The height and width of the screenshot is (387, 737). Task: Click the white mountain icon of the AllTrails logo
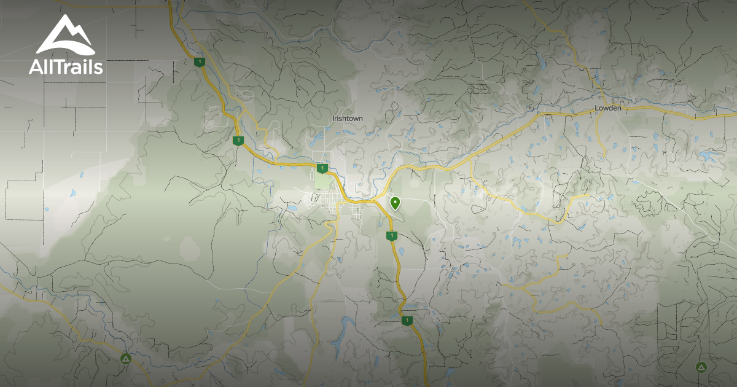pos(66,35)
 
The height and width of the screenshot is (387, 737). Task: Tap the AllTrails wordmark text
pos(66,66)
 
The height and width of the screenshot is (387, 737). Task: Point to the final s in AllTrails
pos(98,68)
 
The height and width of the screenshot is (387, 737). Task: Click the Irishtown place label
pos(347,119)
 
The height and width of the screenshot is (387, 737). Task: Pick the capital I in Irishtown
pos(333,119)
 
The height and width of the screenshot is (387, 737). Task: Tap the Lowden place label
pos(608,108)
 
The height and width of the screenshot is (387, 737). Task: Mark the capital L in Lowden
pos(596,108)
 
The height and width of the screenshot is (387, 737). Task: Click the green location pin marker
pos(395,203)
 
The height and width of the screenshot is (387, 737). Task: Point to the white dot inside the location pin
pos(395,201)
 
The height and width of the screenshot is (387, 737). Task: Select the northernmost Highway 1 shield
pos(198,62)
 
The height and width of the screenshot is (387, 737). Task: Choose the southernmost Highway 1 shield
pos(406,320)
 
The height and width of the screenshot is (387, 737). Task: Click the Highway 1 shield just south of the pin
pos(390,236)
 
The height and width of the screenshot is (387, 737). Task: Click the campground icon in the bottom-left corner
pos(126,358)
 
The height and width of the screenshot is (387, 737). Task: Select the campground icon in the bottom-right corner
pos(700,367)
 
